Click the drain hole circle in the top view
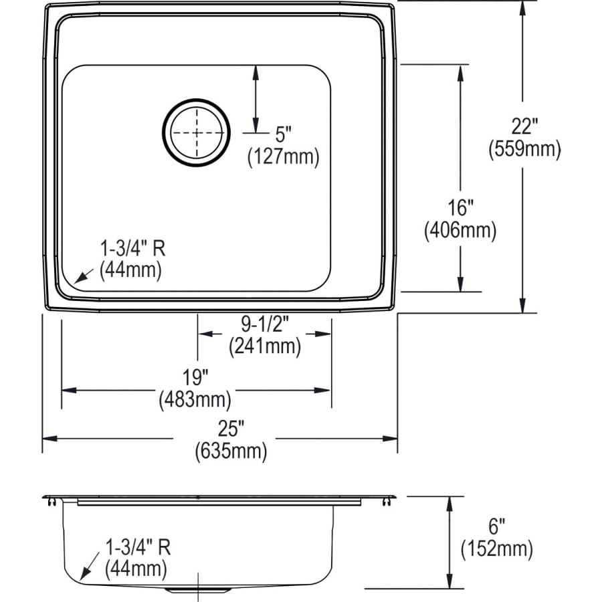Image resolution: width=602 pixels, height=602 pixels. pyautogui.click(x=196, y=132)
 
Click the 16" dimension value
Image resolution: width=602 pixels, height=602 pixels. pyautogui.click(x=460, y=205)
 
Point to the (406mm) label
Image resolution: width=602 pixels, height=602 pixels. pyautogui.click(x=460, y=231)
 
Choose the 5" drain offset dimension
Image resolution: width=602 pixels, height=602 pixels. pyautogui.click(x=284, y=134)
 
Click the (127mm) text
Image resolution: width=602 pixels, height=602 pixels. pyautogui.click(x=284, y=157)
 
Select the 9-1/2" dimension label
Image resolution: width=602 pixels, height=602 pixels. pyautogui.click(x=264, y=324)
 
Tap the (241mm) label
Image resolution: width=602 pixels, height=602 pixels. pyautogui.click(x=264, y=346)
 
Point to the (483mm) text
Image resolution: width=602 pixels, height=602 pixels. pyautogui.click(x=195, y=400)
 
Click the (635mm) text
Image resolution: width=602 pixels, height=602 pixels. pyautogui.click(x=231, y=451)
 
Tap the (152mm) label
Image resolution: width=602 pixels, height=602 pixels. pyautogui.click(x=496, y=550)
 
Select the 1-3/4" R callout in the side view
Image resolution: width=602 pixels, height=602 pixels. pyautogui.click(x=138, y=548)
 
